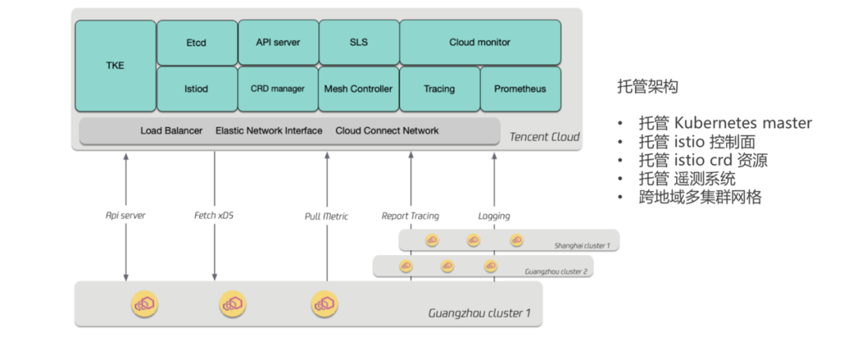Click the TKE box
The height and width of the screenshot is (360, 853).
pos(115,66)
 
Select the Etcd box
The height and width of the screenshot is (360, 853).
pos(197,43)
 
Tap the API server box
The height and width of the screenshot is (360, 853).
pos(278,43)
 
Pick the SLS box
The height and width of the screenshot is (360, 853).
pos(359,43)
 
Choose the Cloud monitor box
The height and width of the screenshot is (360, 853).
pos(480,43)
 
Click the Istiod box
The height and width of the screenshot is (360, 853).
pos(197,89)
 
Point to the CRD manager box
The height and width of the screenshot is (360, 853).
pos(278,89)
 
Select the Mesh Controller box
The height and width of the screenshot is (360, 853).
pos(359,89)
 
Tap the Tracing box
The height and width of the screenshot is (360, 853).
pos(440,89)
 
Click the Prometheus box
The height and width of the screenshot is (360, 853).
pos(520,89)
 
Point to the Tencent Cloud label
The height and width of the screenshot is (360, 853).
pos(544,137)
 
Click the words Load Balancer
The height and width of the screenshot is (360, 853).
pos(171,130)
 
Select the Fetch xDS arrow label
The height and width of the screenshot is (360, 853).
pos(214,216)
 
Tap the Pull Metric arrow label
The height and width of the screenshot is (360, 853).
pos(326,216)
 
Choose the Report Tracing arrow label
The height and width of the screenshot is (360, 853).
pos(410,216)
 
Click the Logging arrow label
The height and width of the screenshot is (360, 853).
pos(494,216)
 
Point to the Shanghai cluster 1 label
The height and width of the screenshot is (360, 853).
pos(582,246)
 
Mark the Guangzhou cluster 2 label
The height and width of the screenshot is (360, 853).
pos(556,272)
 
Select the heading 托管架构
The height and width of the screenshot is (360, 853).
pos(648,87)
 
